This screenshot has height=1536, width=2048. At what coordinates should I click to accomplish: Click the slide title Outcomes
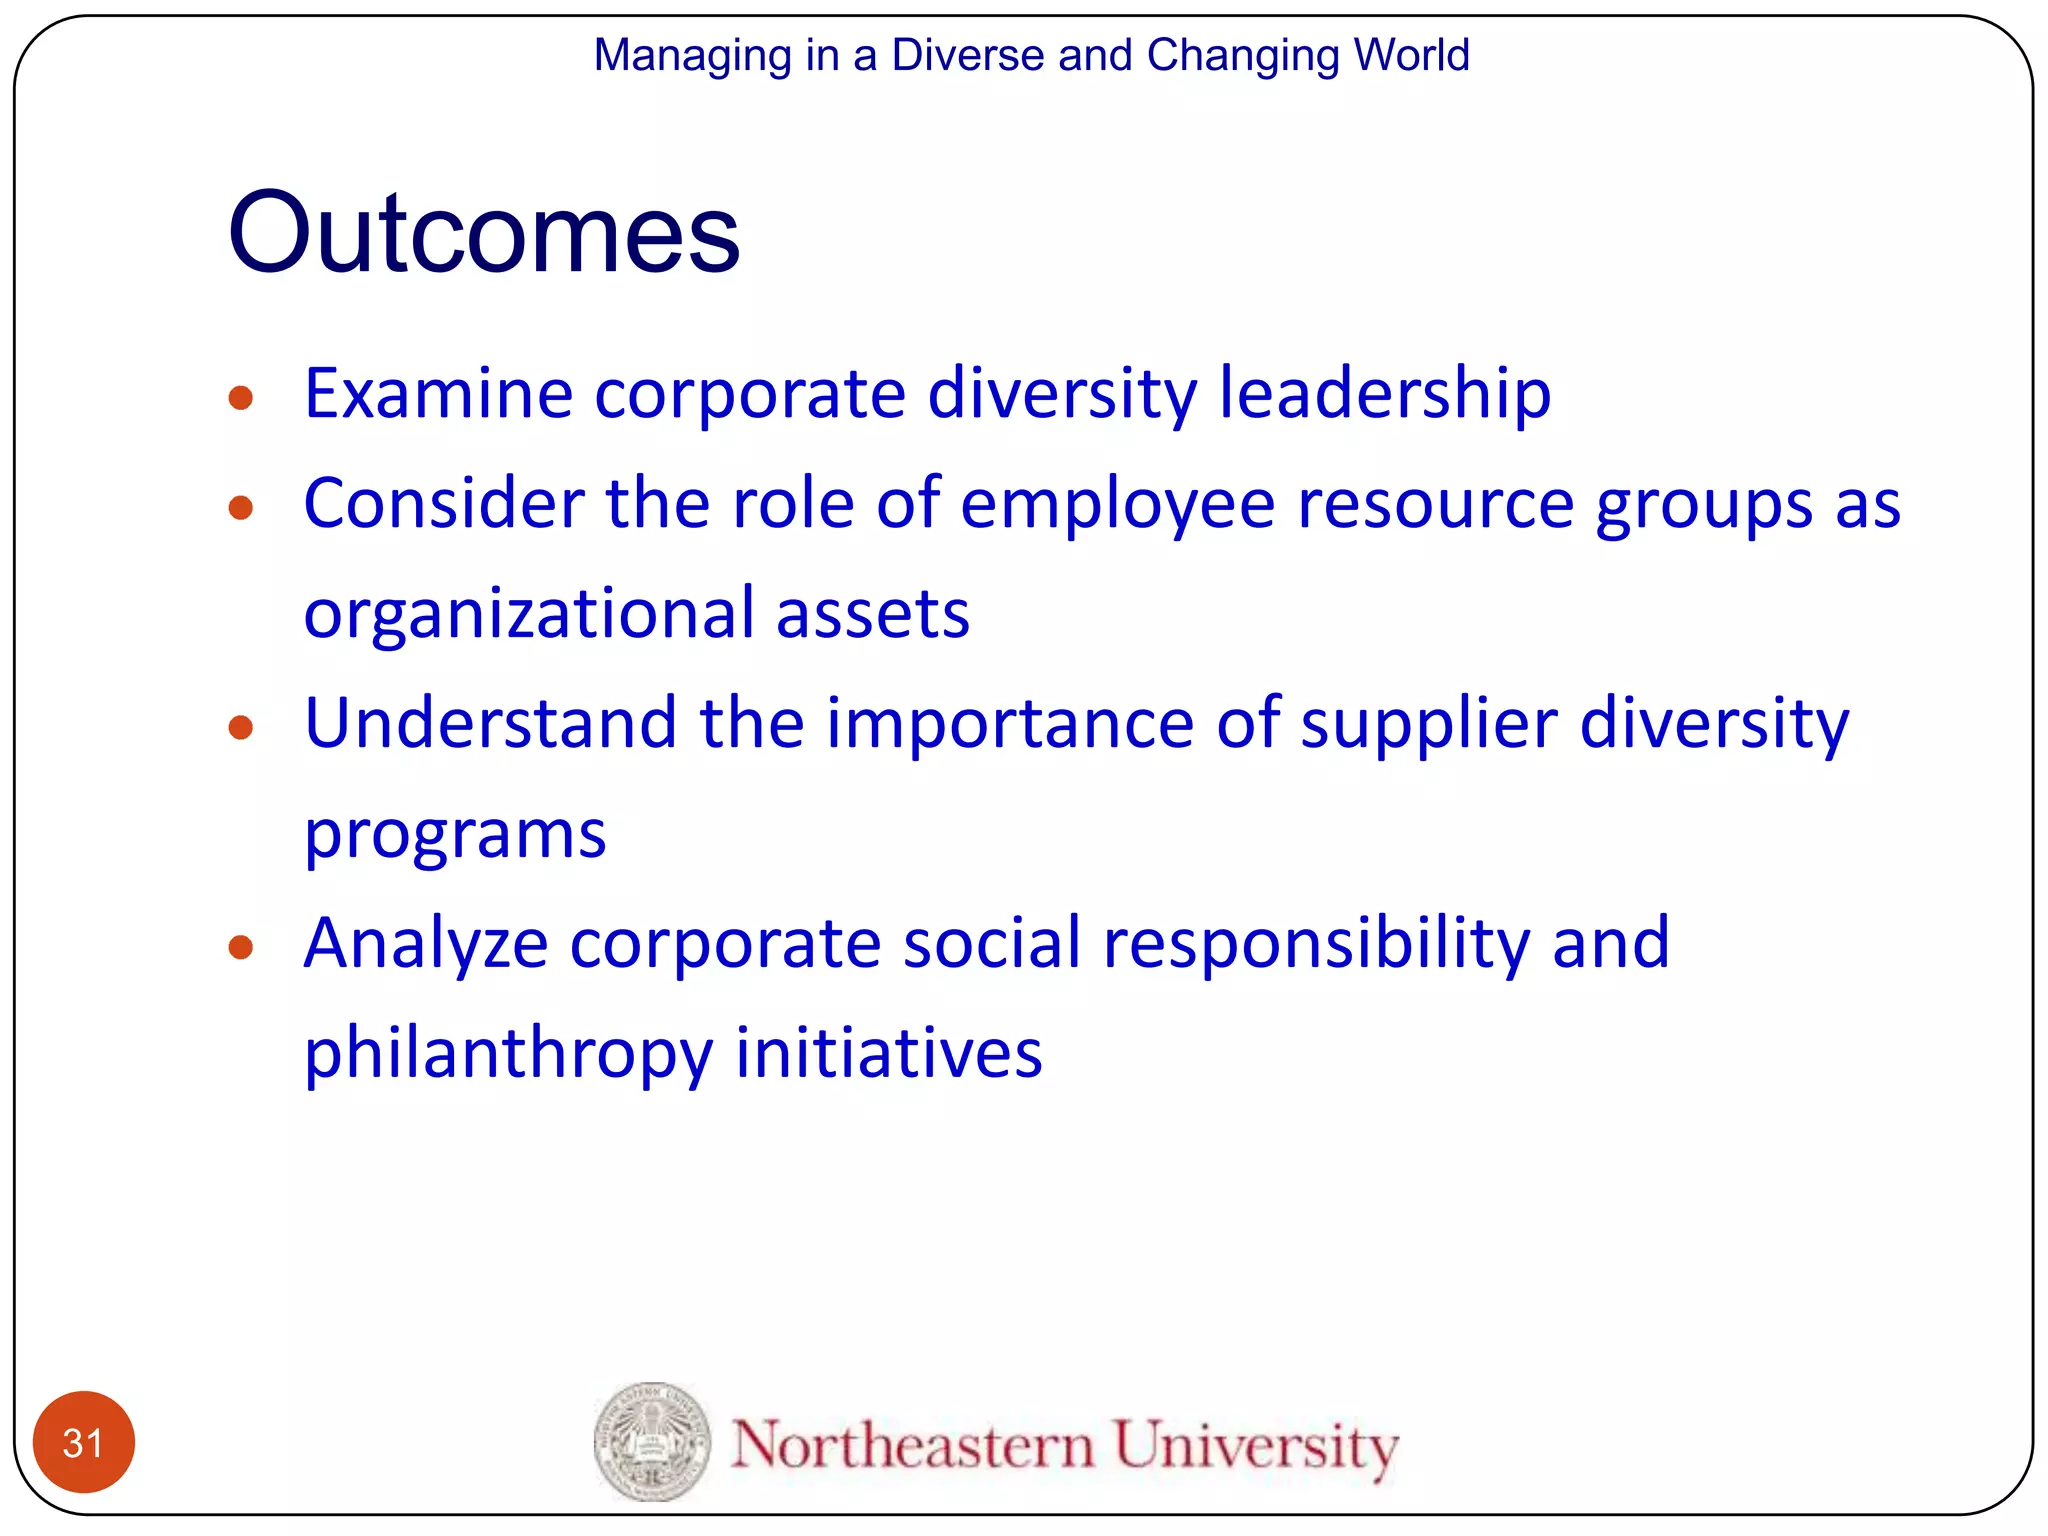(x=483, y=232)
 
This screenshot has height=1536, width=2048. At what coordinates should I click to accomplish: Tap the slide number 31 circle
(x=83, y=1442)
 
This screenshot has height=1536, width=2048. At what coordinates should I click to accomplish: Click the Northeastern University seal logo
(x=652, y=1441)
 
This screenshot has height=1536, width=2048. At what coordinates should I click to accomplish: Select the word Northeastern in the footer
(x=912, y=1446)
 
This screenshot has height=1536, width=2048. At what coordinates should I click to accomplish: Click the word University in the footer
(x=1255, y=1447)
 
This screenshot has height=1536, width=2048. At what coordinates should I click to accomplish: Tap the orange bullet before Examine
(x=240, y=399)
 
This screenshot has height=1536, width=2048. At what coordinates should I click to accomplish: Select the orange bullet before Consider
(x=240, y=508)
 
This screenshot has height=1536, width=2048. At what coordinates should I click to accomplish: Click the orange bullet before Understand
(x=240, y=727)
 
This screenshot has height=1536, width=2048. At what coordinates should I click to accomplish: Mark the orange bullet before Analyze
(x=240, y=946)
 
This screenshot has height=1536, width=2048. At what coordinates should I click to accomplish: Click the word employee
(x=1117, y=505)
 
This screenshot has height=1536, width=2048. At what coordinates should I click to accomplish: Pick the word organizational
(x=529, y=614)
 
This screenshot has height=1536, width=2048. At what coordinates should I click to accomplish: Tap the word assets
(x=872, y=614)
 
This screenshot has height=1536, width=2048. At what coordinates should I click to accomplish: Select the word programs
(x=455, y=835)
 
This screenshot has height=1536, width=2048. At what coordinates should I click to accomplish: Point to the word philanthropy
(x=508, y=1054)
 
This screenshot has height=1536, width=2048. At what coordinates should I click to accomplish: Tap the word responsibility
(x=1316, y=944)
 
